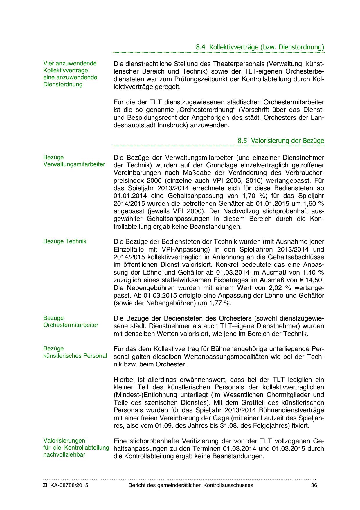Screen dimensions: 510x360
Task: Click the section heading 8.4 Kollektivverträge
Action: coord(260,47)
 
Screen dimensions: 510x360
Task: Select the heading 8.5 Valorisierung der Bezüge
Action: coord(281,141)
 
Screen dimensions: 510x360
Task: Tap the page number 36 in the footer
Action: coord(314,485)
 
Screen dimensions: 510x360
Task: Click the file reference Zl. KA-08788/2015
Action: coord(66,485)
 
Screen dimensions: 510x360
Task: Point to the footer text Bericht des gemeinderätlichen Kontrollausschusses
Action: coord(191,485)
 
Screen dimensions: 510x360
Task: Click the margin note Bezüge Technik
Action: coord(65,241)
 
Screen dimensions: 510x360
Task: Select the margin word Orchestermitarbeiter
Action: coord(71,325)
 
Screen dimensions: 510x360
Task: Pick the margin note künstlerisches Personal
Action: coord(75,356)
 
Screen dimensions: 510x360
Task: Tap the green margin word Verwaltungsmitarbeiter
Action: coord(74,164)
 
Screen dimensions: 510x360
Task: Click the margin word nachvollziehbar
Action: coord(64,455)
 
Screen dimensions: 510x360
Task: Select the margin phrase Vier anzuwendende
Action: coord(70,63)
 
